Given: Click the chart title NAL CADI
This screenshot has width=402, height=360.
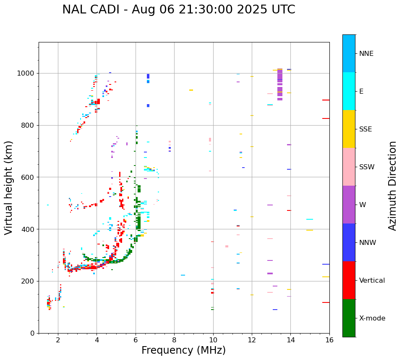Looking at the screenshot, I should (178, 10).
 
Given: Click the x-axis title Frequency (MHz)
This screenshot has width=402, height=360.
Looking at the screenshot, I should (183, 350).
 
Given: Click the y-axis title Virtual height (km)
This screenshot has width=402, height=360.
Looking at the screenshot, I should (9, 188).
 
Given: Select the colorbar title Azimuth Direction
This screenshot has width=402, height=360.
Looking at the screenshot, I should (392, 186).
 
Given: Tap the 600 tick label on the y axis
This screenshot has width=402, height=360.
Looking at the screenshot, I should (28, 177).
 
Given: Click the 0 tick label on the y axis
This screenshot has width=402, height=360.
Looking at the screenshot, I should (32, 333).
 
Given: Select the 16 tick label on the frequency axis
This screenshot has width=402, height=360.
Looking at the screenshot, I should (329, 340).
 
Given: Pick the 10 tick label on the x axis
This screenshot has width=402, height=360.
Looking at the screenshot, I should (213, 340).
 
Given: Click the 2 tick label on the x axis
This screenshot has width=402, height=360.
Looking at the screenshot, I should (58, 340).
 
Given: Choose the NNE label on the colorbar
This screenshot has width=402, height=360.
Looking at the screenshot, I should (366, 54).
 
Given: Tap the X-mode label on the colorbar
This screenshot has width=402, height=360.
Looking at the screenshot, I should (372, 318).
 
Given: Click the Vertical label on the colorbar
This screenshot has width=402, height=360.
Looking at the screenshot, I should (372, 281).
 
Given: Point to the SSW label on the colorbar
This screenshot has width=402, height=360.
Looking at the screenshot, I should (367, 167).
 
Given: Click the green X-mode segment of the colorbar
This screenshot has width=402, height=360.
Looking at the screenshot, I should (349, 318).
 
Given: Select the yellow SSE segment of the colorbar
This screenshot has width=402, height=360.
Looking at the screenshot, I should (349, 129).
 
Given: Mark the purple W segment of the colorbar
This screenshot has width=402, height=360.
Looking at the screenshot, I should (349, 205).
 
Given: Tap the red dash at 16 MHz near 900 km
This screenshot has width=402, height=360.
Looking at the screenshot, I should (326, 100).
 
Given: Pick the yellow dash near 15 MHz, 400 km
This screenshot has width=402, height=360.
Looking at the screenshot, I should (310, 230).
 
